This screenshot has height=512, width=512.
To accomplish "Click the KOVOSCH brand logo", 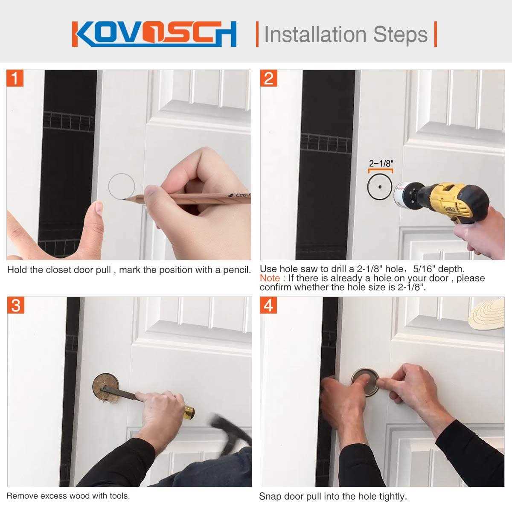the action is (154, 34).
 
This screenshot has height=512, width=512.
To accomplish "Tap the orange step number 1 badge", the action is (15, 78).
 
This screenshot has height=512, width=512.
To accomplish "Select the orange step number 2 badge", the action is (269, 78).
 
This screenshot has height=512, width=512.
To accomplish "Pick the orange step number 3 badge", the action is (16, 305).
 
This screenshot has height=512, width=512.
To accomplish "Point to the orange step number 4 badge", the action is (268, 305).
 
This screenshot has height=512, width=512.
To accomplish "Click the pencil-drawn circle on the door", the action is (122, 174).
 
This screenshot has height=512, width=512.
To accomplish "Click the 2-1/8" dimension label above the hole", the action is (381, 163).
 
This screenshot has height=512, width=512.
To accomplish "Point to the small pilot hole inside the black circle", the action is (381, 187).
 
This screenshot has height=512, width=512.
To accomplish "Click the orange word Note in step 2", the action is (270, 278).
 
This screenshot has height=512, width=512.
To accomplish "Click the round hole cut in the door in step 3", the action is (106, 386).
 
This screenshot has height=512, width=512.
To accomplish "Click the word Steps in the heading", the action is (400, 34).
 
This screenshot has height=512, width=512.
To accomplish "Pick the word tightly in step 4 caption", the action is (393, 496).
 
